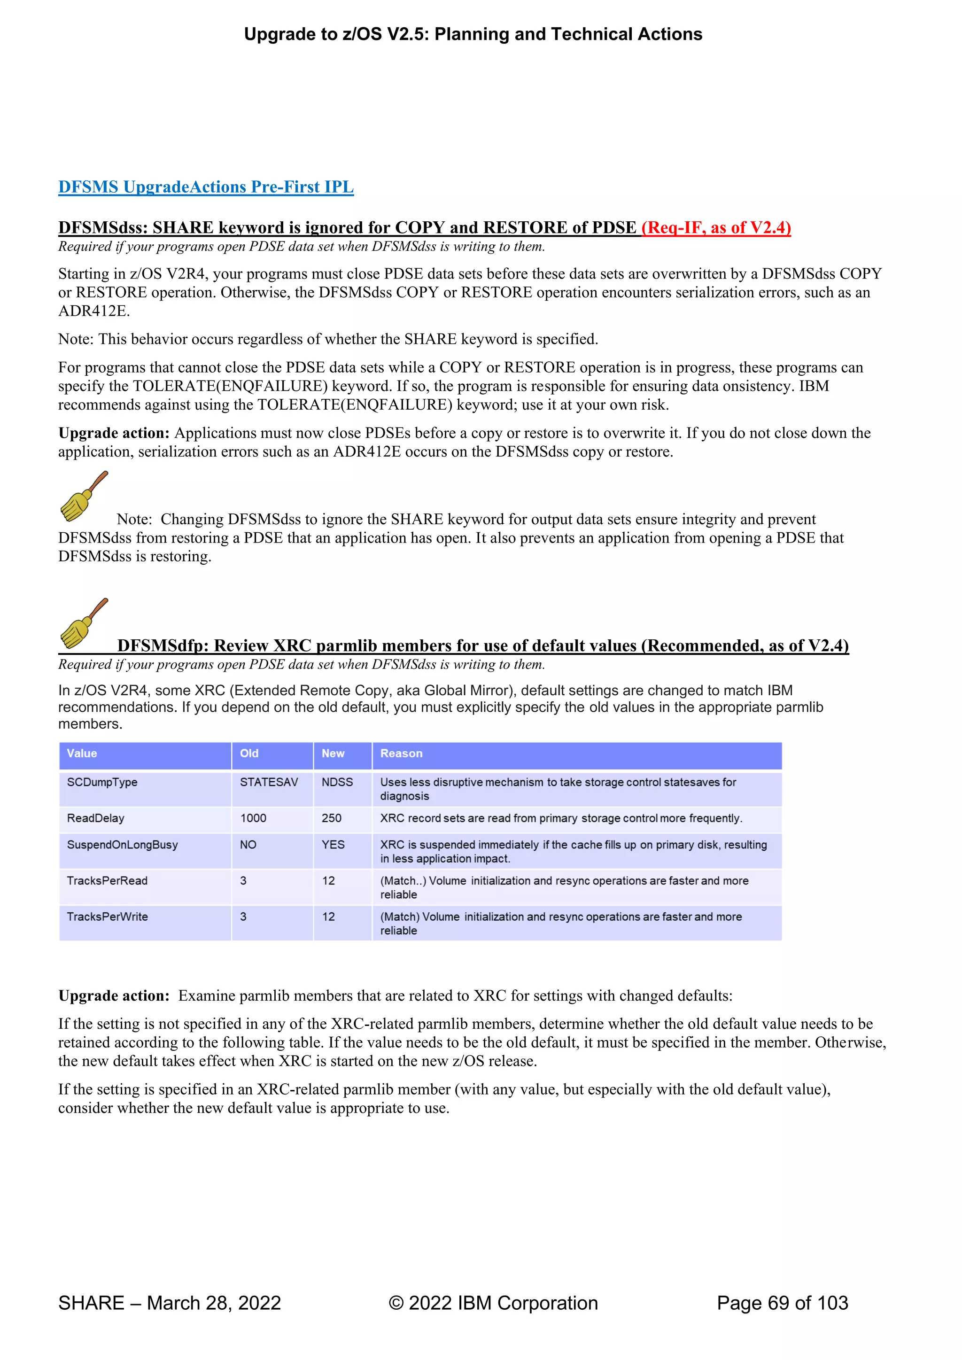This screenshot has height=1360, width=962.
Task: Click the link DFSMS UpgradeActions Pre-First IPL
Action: coord(206,187)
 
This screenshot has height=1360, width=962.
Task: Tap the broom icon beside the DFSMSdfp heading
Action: coord(84,623)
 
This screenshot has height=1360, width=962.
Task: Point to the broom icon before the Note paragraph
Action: coord(84,497)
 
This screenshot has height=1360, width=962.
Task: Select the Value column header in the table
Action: coord(82,754)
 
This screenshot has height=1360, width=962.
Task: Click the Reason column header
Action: coord(401,754)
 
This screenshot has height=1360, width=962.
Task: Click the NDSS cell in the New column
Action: coord(337,783)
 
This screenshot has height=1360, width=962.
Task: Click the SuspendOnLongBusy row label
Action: coord(122,845)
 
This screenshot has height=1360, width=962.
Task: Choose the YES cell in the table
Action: coord(333,845)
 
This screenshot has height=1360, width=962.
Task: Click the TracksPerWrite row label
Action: coord(107,917)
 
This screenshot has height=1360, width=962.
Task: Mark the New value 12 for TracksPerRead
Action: coord(328,881)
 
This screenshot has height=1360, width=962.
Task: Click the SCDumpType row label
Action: coord(102,783)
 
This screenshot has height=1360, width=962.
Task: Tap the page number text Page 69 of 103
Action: coord(782,1303)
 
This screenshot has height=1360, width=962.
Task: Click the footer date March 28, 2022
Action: coord(213,1303)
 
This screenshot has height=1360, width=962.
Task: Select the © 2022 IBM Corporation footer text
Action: coord(493,1303)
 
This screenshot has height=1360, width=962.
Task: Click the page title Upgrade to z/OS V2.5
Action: coord(473,34)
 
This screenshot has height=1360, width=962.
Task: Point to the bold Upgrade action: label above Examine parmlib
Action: coord(114,996)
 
